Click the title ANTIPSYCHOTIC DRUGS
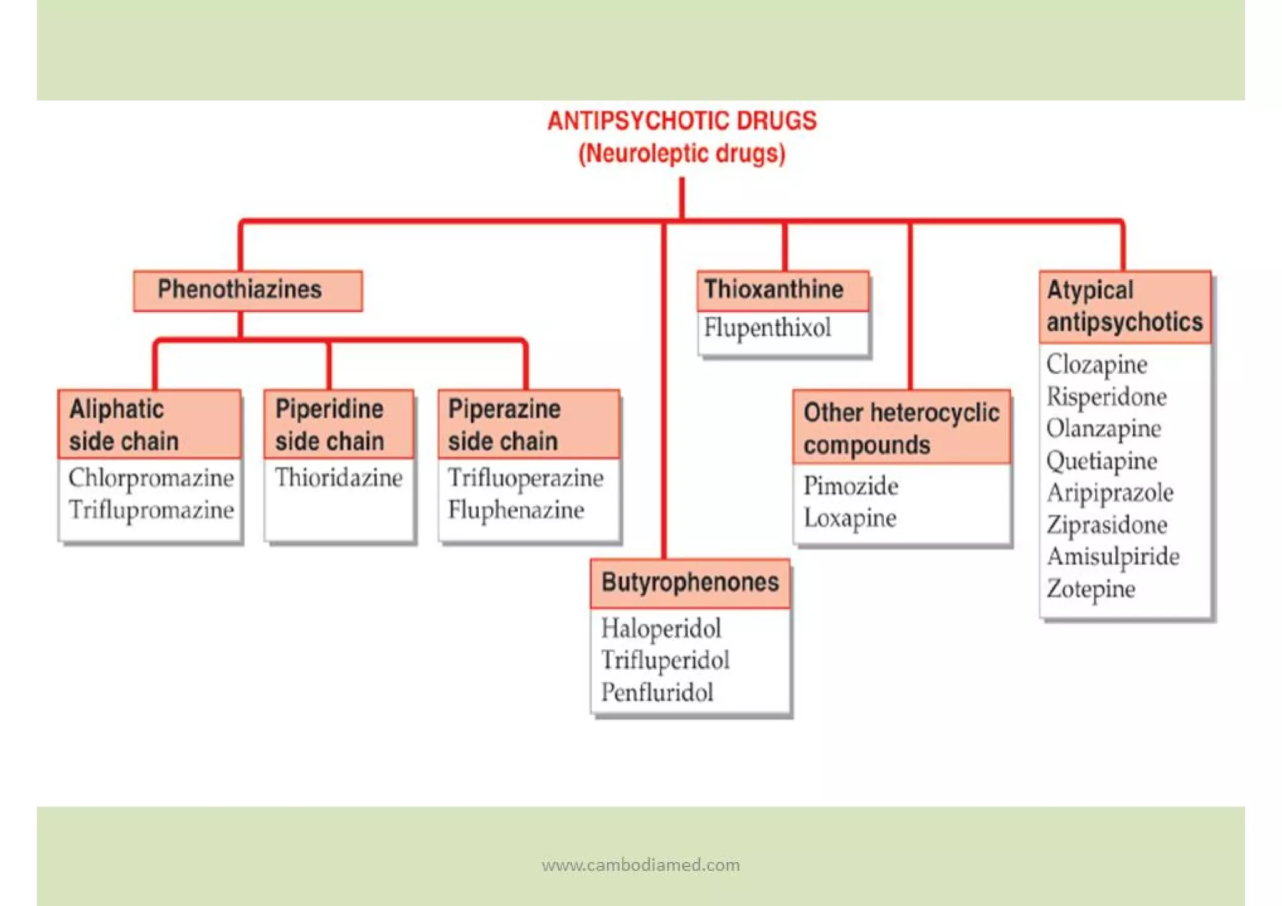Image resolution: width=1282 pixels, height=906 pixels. click(x=682, y=121)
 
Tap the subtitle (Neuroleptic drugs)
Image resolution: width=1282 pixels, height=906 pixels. click(x=682, y=153)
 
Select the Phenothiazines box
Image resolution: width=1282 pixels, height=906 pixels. click(x=247, y=291)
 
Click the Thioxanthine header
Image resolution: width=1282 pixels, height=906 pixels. click(x=782, y=291)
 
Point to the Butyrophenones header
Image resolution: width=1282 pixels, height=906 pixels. click(x=690, y=583)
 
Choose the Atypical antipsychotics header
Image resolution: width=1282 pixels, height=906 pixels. click(x=1124, y=306)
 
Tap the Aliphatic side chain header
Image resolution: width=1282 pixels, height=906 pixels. click(x=149, y=425)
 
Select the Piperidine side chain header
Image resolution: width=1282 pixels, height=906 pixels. click(x=338, y=425)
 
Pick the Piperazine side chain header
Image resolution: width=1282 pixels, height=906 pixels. click(x=528, y=425)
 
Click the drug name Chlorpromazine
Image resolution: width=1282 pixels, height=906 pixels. click(x=151, y=478)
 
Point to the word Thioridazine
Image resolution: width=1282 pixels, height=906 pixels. click(x=338, y=478)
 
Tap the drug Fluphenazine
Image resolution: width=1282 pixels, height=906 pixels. click(x=516, y=510)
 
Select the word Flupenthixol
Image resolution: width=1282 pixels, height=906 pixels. click(x=767, y=328)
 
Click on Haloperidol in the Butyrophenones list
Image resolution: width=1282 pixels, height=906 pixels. click(x=661, y=629)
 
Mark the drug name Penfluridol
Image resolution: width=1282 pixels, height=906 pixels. click(x=657, y=692)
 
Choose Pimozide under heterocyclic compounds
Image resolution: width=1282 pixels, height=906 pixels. click(x=851, y=486)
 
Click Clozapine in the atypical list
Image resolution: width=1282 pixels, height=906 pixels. click(x=1097, y=364)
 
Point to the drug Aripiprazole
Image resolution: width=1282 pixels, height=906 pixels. click(x=1110, y=493)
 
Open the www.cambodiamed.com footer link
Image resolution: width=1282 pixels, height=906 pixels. click(x=640, y=865)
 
